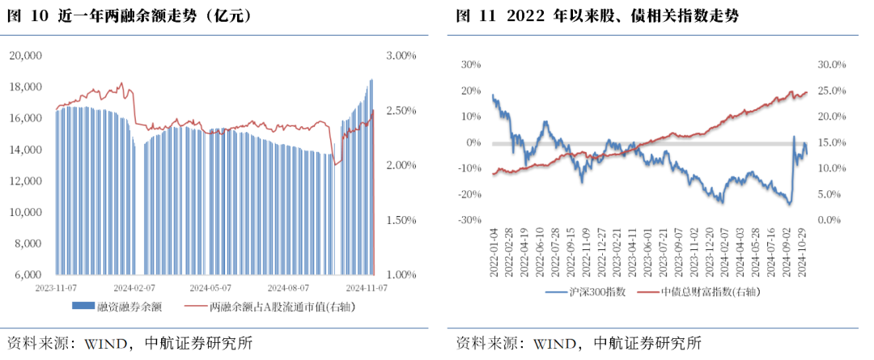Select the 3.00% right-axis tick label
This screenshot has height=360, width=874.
[x=400, y=55]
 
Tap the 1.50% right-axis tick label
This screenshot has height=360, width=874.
[x=400, y=220]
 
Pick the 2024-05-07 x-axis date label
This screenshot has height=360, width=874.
[x=210, y=287]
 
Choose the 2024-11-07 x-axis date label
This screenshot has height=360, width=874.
[x=366, y=287]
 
